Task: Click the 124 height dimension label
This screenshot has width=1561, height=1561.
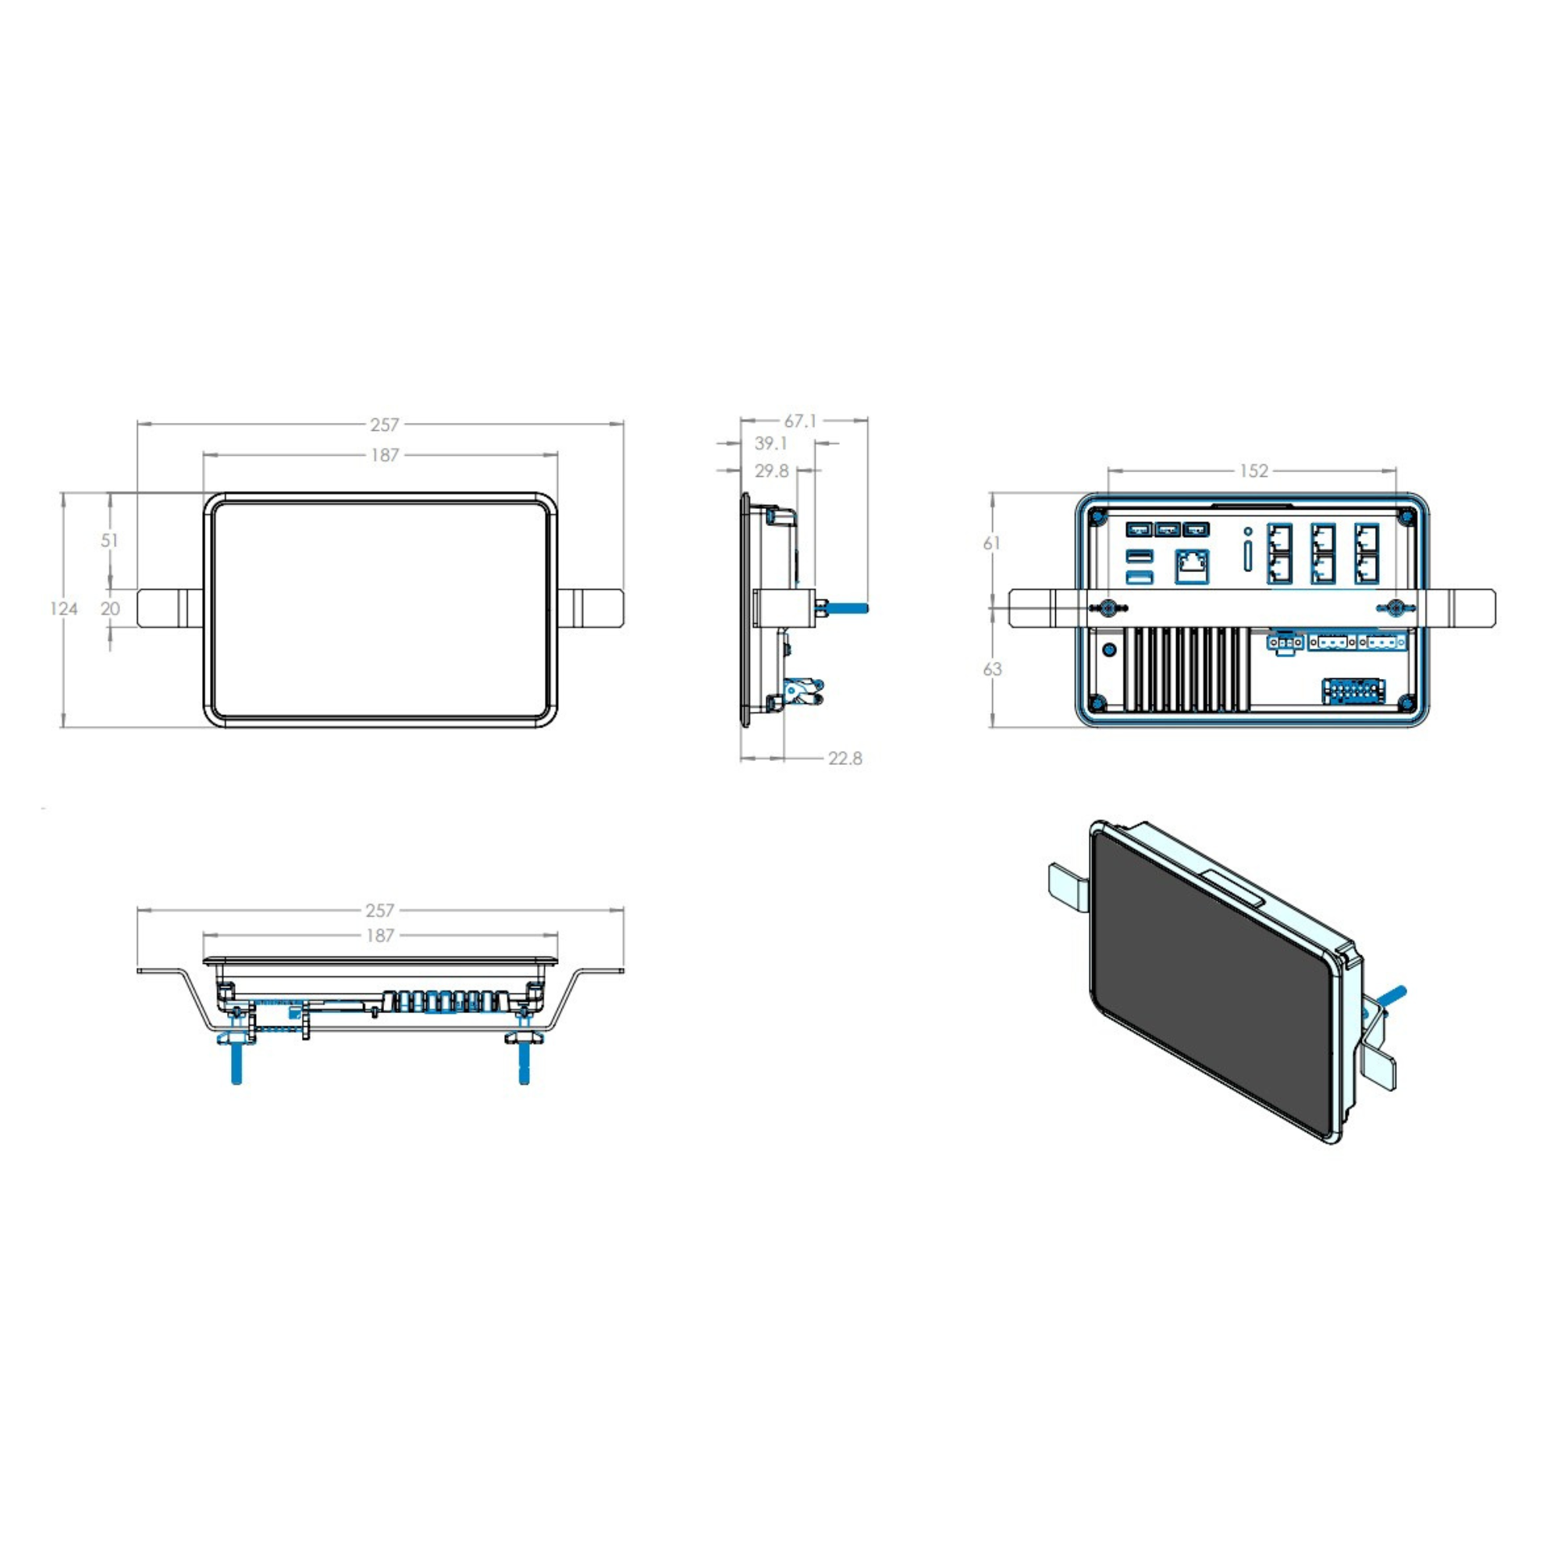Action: click(64, 609)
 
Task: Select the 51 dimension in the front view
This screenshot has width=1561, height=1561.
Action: click(110, 540)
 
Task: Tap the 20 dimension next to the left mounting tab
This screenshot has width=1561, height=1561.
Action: click(110, 609)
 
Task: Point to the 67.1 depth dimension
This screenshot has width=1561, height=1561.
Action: click(800, 421)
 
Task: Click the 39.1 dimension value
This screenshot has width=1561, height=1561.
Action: click(771, 443)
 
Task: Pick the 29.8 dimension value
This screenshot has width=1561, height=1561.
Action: click(772, 471)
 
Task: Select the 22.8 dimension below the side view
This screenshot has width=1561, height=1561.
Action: click(845, 758)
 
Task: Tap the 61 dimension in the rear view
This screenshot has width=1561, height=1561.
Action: click(992, 543)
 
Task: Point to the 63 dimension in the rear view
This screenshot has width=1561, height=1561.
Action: click(992, 669)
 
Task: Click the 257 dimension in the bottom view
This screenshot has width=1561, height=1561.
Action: click(380, 911)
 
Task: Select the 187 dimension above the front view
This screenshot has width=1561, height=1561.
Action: click(385, 455)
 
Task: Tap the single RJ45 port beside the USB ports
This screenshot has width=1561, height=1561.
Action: click(1193, 566)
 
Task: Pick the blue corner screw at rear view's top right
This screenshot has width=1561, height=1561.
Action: click(1406, 514)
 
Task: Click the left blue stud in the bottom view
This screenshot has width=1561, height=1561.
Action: click(236, 1061)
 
